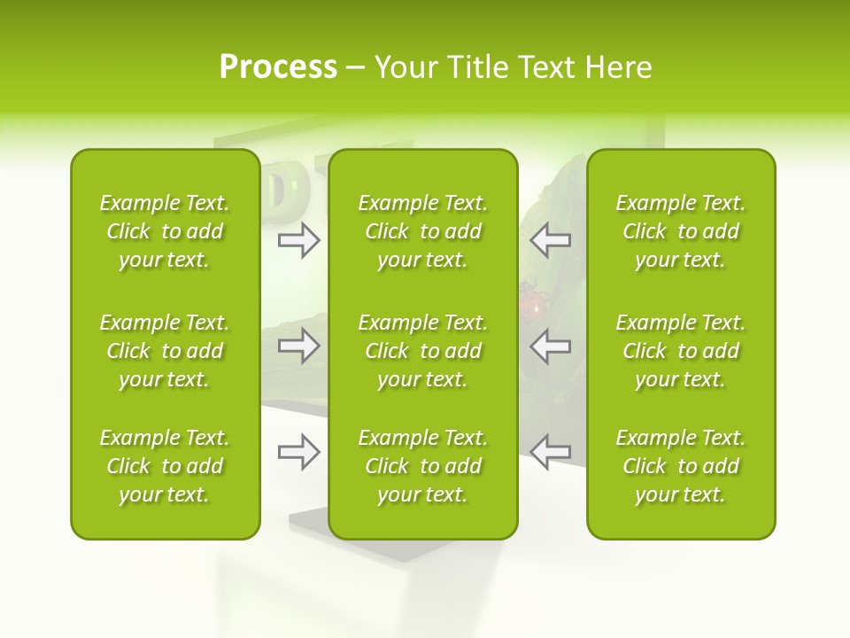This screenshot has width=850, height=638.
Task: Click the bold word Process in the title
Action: [x=278, y=67]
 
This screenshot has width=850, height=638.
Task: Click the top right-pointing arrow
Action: [x=298, y=239]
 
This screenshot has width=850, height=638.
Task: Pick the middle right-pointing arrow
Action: [x=298, y=346]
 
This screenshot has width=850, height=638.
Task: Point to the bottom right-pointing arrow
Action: [x=298, y=452]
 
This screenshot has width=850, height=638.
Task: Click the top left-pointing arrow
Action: [x=550, y=239]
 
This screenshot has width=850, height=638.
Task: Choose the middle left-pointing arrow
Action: [x=550, y=346]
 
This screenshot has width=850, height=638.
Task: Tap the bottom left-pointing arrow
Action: [x=550, y=452]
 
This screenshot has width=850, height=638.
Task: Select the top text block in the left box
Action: [x=165, y=231]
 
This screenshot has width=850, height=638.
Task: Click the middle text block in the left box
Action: [x=165, y=351]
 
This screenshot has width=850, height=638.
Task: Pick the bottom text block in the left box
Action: [x=165, y=466]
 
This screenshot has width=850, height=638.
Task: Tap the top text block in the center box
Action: [x=423, y=231]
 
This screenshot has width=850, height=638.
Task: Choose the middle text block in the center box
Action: [x=423, y=351]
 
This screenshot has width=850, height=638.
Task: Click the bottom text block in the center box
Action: [x=423, y=466]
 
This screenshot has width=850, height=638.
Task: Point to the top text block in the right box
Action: [x=681, y=231]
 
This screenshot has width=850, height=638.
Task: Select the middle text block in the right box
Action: [x=681, y=351]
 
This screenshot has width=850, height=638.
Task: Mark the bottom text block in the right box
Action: [x=681, y=466]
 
